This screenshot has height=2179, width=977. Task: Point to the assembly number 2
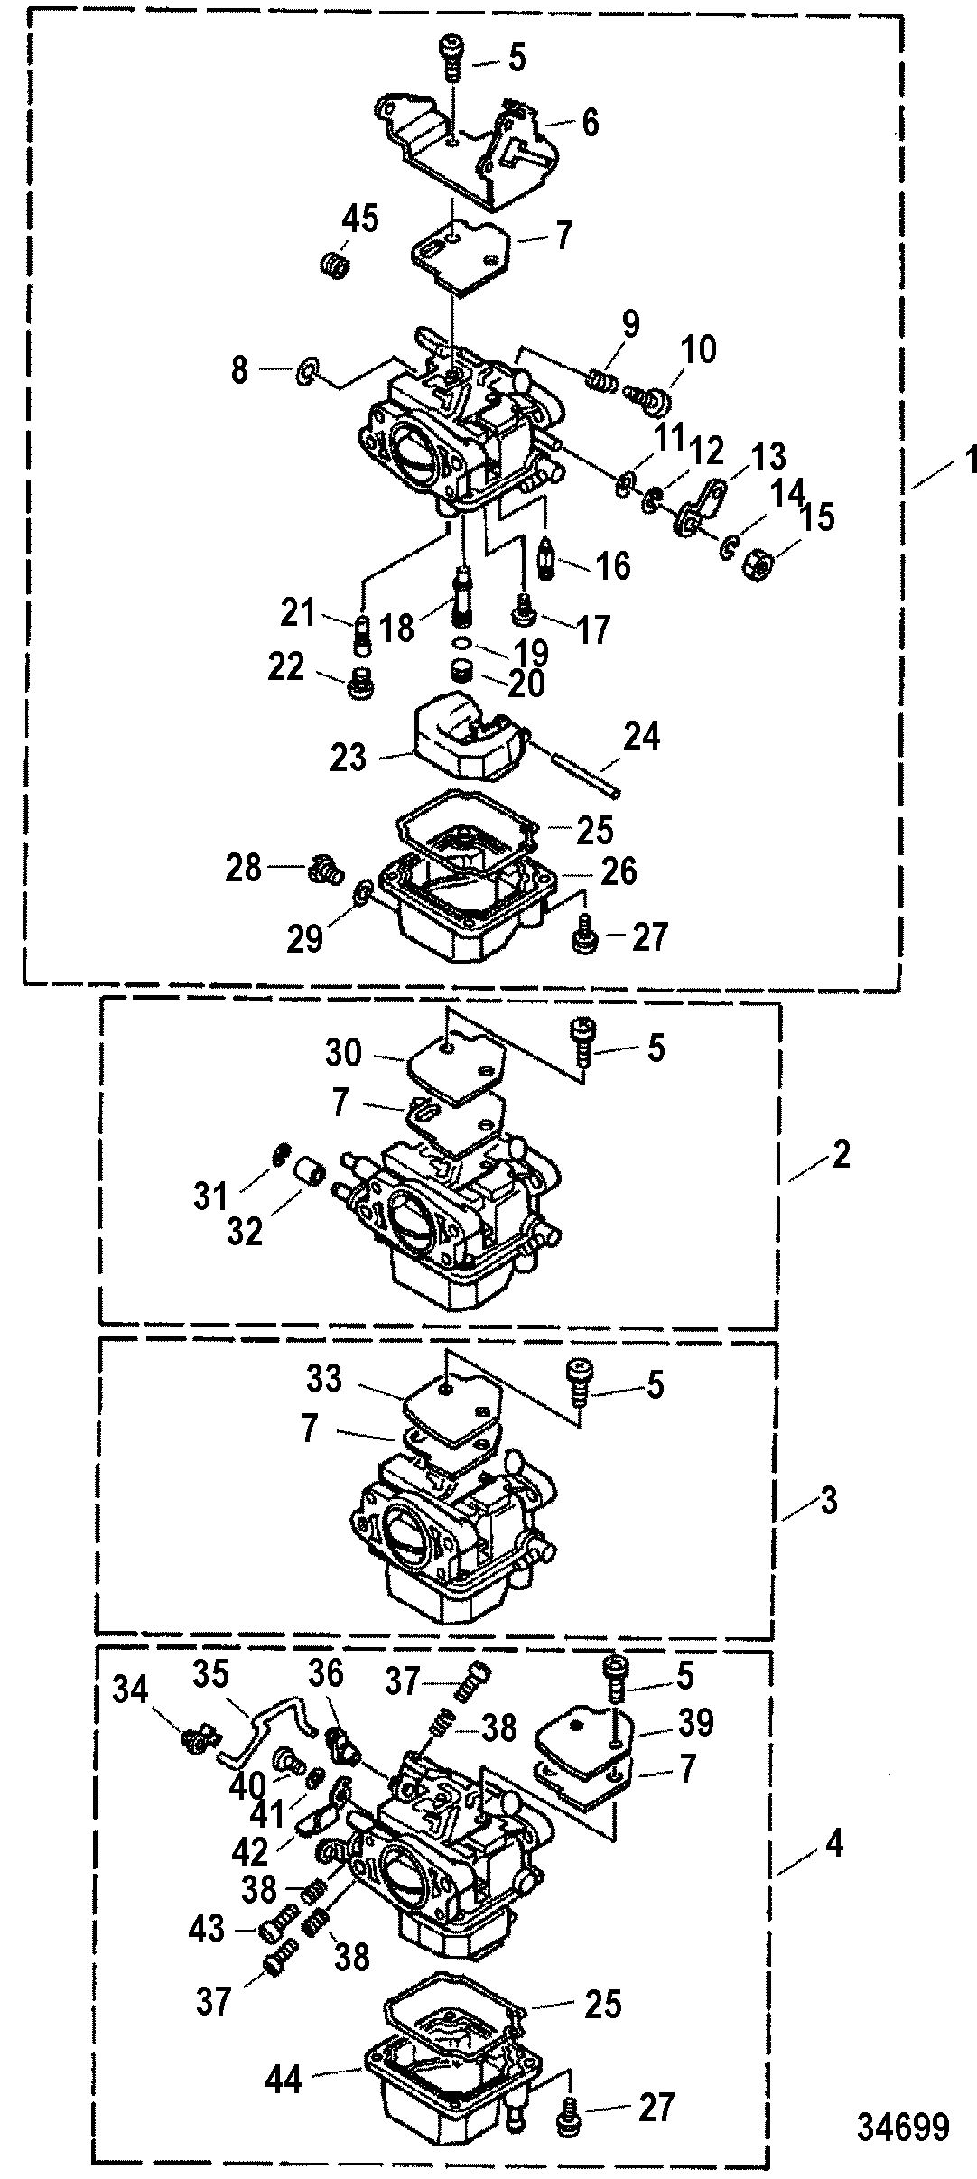pyautogui.click(x=840, y=1153)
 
